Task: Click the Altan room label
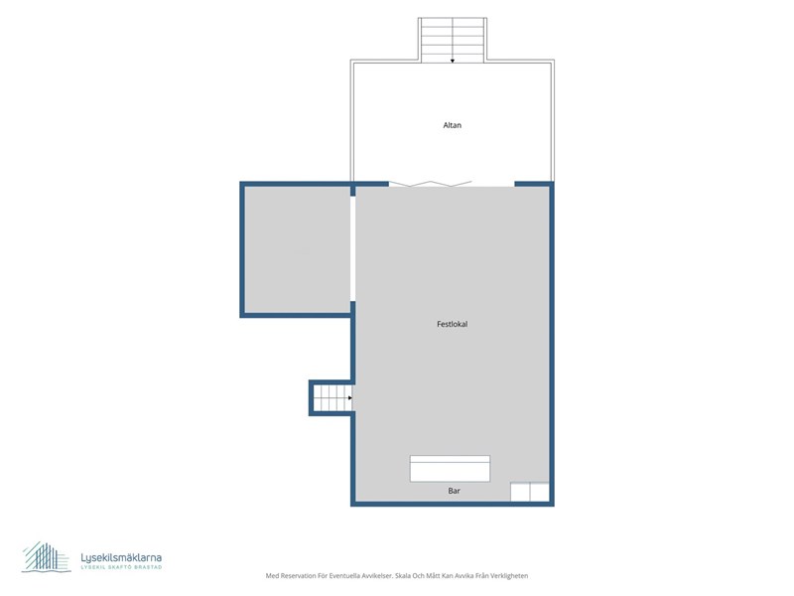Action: point(453,125)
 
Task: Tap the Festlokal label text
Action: point(453,324)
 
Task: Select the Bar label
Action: point(455,491)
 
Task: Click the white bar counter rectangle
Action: point(450,468)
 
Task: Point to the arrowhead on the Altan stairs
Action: point(453,61)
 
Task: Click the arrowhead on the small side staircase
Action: point(350,398)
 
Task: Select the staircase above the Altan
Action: point(453,40)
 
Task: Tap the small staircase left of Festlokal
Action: point(332,398)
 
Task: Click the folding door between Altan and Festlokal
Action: point(431,184)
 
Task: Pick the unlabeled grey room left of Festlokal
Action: point(297,250)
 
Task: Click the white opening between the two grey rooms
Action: point(353,248)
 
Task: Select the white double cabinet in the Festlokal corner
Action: point(530,492)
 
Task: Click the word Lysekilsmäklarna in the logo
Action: point(121,557)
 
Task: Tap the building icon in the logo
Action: point(46,557)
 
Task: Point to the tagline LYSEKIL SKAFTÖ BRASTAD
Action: point(121,567)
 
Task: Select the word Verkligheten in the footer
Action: point(509,576)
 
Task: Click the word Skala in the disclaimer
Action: point(404,576)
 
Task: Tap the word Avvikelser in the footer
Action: point(377,576)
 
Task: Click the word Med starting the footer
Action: point(272,576)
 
